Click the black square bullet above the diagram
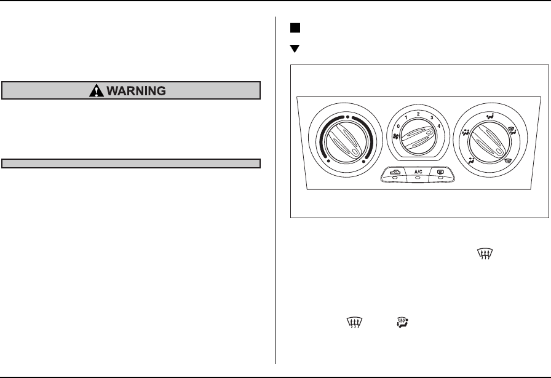click(x=295, y=28)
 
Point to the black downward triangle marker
click(x=295, y=49)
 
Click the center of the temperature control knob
click(x=347, y=146)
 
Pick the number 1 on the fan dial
click(x=406, y=117)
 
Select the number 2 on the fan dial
click(x=418, y=114)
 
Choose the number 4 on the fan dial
click(x=439, y=125)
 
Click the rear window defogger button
click(x=441, y=173)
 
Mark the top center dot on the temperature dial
click(x=347, y=116)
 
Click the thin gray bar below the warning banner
click(x=132, y=163)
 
